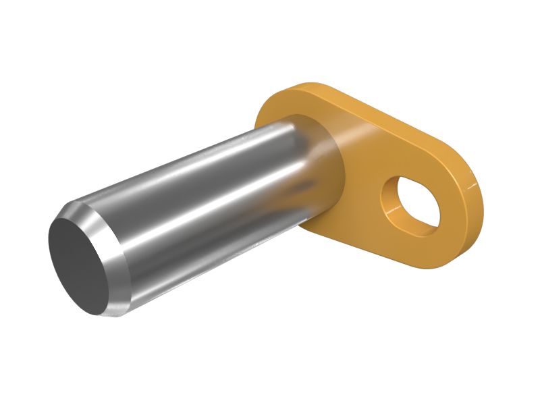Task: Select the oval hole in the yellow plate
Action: (411, 203)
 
